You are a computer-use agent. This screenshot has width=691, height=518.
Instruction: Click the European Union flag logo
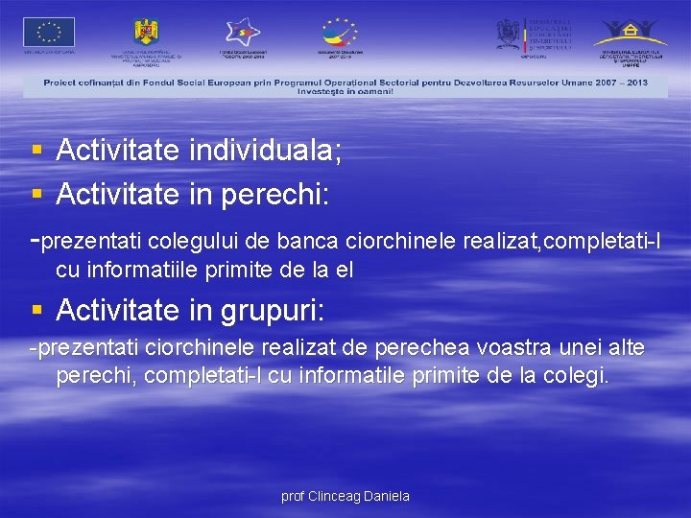point(49,33)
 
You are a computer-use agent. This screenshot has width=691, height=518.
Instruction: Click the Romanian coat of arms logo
point(146,32)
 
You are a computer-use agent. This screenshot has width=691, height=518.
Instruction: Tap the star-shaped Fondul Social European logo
point(243,33)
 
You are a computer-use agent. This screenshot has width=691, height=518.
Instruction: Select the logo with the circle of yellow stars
point(339,32)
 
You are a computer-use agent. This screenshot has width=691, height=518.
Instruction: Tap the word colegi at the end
point(576,375)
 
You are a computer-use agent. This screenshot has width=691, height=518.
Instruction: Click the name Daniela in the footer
point(383,496)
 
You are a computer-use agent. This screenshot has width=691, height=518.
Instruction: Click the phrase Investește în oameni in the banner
point(345,91)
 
